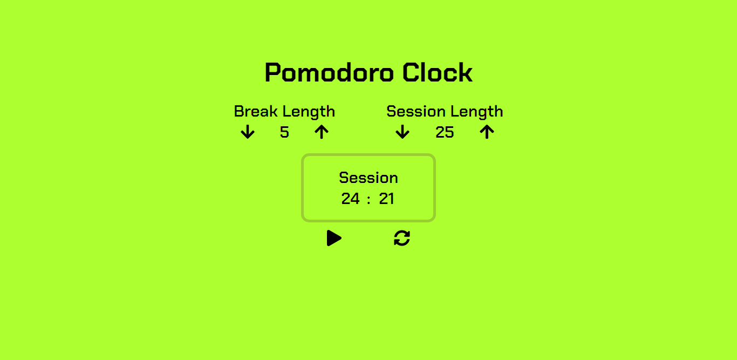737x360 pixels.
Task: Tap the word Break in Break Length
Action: click(255, 112)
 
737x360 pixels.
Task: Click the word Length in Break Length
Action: click(309, 112)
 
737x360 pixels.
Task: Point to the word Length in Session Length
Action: click(476, 112)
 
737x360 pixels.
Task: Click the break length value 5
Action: click(284, 132)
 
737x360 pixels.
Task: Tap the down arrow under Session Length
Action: click(402, 132)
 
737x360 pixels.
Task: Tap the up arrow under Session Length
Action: click(487, 132)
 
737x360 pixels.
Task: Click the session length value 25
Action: click(445, 132)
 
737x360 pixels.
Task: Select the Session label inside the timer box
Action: click(368, 178)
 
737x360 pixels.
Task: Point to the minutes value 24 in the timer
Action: click(351, 199)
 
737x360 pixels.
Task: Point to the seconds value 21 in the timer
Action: click(386, 199)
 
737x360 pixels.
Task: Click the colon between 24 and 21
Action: click(368, 200)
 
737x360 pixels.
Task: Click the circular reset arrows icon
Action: click(402, 238)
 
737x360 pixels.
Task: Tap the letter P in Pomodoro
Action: click(273, 73)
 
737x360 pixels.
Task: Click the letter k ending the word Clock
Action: click(466, 73)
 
